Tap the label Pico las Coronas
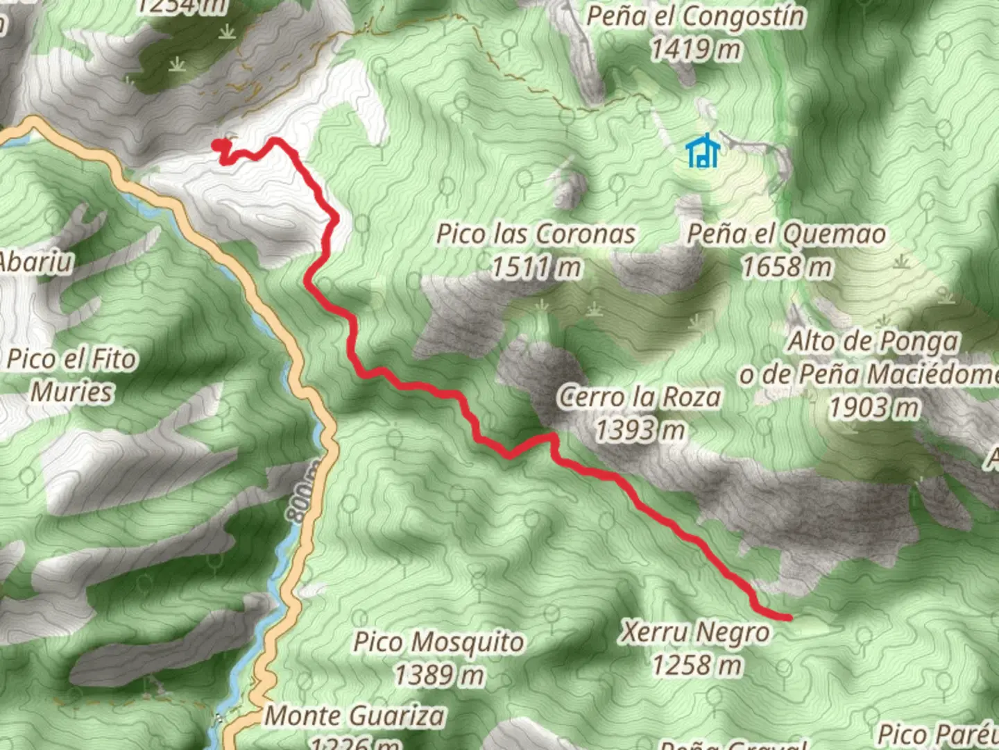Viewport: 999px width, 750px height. [536, 234]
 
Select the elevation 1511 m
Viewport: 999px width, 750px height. [536, 267]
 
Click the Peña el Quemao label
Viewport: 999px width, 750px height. [786, 234]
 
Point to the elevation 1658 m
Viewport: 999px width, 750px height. [786, 267]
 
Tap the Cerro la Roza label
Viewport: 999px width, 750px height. [639, 397]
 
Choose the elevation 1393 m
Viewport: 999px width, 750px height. [639, 431]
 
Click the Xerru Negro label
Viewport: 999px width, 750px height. [694, 632]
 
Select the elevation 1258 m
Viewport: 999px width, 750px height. [696, 665]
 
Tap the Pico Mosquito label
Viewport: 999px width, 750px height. [438, 642]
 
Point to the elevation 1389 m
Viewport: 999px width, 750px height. [438, 674]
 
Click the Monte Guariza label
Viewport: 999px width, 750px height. [355, 715]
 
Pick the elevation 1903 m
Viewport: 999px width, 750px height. [874, 408]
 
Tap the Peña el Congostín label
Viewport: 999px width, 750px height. [696, 16]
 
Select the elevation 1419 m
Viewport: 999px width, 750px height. [696, 49]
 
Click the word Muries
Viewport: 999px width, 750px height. [71, 392]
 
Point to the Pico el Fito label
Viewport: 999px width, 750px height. [71, 359]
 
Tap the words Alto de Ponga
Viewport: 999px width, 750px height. [873, 342]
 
